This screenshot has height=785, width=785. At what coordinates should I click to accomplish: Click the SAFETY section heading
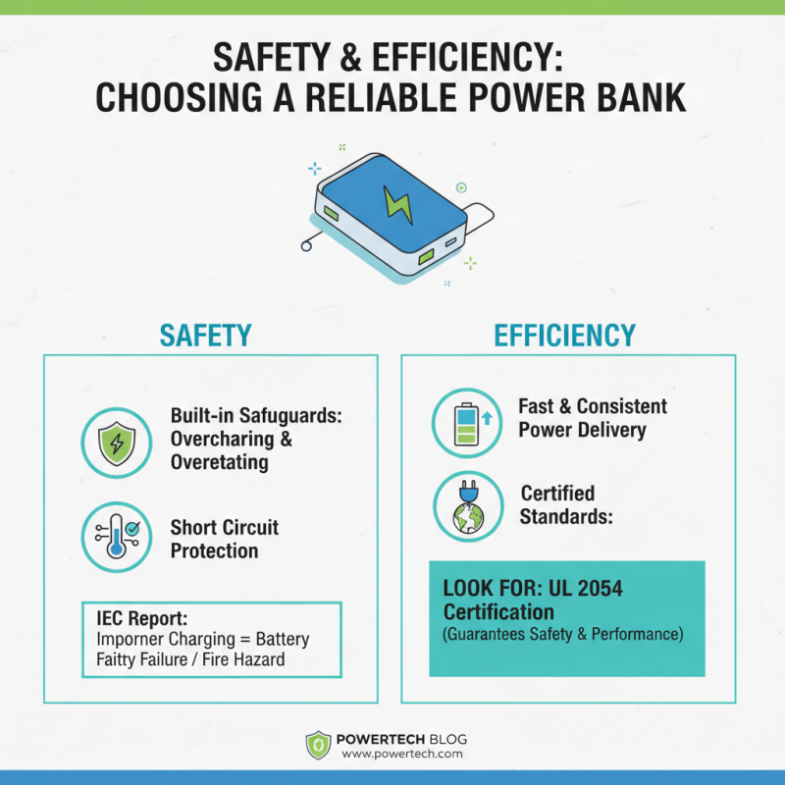205,335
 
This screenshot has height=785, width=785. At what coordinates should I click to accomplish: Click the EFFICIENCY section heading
565,335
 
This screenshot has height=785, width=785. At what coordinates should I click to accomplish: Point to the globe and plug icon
467,506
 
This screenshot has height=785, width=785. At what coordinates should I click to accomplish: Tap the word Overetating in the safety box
219,462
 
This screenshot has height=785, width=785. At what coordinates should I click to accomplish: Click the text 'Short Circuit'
225,527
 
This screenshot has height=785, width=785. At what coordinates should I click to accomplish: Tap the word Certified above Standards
557,493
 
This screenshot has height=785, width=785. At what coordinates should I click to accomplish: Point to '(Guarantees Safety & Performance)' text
562,634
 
